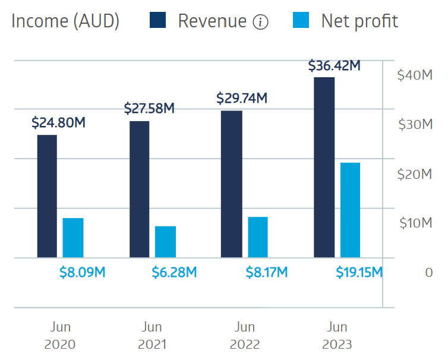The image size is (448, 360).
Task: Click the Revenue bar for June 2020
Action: [x=47, y=196]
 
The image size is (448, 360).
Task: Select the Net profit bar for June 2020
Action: [x=73, y=238]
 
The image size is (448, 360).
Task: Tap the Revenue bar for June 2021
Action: [x=139, y=189]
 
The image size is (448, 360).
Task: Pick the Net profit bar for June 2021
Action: [x=166, y=242]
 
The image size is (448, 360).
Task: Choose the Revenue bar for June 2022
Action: [x=232, y=184]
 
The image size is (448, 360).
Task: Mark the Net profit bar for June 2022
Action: [x=258, y=237]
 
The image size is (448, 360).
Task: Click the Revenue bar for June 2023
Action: [x=324, y=168]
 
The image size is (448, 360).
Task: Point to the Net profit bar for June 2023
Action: [x=350, y=210]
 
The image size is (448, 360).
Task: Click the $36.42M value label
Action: [x=335, y=65]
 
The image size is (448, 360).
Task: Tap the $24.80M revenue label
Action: [x=58, y=124]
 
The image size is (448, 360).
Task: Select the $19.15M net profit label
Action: [x=359, y=273]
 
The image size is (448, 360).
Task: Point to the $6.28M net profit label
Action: [x=175, y=273]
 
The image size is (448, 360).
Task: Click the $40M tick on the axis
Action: [x=414, y=75]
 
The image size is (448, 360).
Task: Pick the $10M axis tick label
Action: [x=414, y=223]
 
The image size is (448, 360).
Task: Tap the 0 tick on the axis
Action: [x=429, y=273]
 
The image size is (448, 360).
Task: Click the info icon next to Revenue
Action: [x=260, y=23]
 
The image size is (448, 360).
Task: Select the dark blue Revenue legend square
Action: [x=157, y=21]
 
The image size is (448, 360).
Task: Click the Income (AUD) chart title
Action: [x=65, y=21]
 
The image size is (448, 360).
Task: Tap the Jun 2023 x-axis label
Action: [x=337, y=336]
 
